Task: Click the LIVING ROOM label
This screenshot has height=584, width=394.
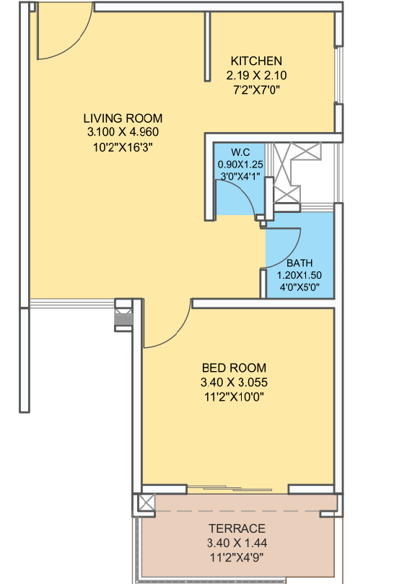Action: pyautogui.click(x=123, y=118)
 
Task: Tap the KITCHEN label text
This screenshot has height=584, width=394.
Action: pyautogui.click(x=256, y=61)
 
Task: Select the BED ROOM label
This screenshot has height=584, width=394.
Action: pyautogui.click(x=235, y=367)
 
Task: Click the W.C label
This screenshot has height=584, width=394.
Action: pyautogui.click(x=240, y=152)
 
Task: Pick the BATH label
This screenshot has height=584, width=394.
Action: pyautogui.click(x=299, y=263)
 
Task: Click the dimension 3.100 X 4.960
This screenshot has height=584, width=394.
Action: pyautogui.click(x=123, y=132)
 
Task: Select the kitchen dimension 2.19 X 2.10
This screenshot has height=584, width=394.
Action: pyautogui.click(x=256, y=74)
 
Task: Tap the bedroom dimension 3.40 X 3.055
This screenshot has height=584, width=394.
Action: pyautogui.click(x=235, y=381)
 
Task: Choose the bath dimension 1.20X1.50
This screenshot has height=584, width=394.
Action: pyautogui.click(x=299, y=275)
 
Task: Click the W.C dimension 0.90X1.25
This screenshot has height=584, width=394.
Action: pyautogui.click(x=240, y=164)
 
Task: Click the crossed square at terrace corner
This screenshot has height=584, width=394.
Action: pyautogui.click(x=146, y=503)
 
